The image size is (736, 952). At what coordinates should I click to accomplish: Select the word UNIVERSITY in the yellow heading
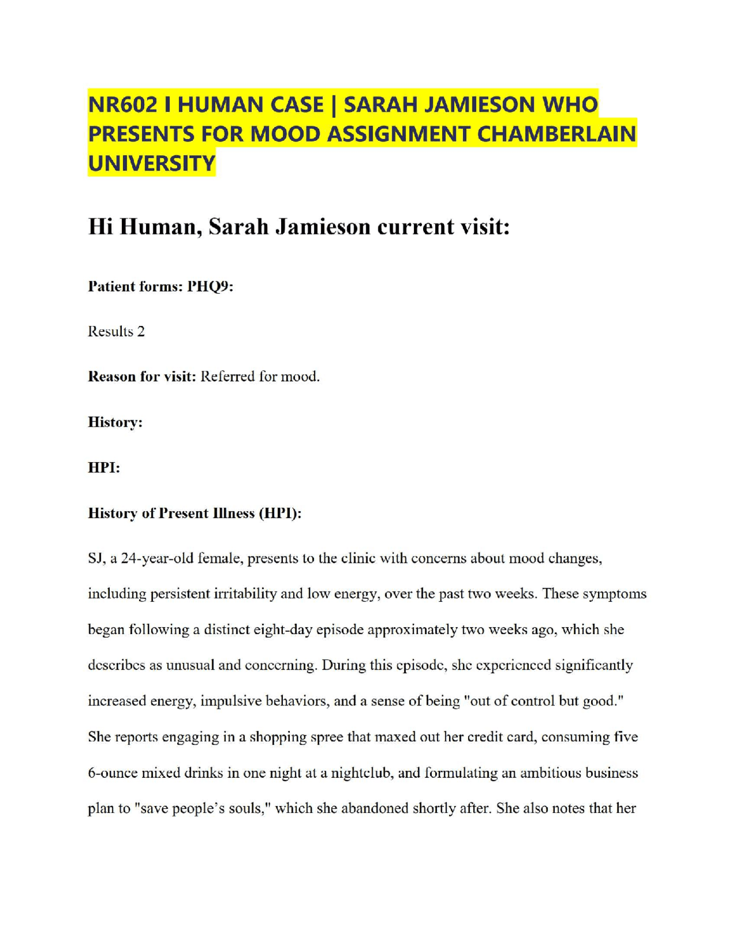[151, 164]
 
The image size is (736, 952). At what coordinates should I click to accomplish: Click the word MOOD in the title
[285, 134]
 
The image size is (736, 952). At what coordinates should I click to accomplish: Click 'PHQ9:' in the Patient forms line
[210, 286]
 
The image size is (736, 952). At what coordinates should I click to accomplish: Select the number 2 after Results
[141, 332]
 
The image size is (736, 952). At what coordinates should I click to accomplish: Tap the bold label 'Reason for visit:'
[142, 377]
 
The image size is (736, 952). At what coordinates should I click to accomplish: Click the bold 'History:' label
[115, 423]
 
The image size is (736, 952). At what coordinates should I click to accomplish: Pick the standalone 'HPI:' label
[104, 468]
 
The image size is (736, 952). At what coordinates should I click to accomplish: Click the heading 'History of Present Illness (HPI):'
[194, 513]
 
